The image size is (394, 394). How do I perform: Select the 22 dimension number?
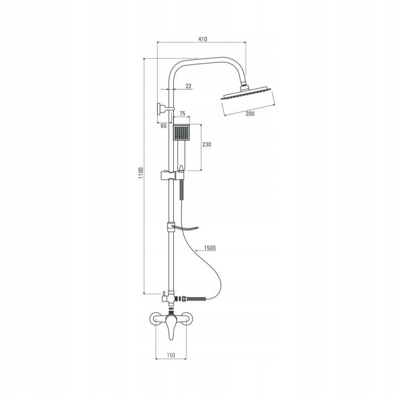coord(188,86)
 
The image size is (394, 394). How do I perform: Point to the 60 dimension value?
coord(164,126)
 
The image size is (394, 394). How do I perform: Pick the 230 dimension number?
coord(206,145)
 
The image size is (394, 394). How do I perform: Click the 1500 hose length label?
coord(208,248)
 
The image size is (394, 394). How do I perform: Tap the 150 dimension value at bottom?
coord(170,355)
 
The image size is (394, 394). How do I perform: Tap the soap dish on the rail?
coord(185,229)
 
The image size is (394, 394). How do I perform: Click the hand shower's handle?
coord(182,155)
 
